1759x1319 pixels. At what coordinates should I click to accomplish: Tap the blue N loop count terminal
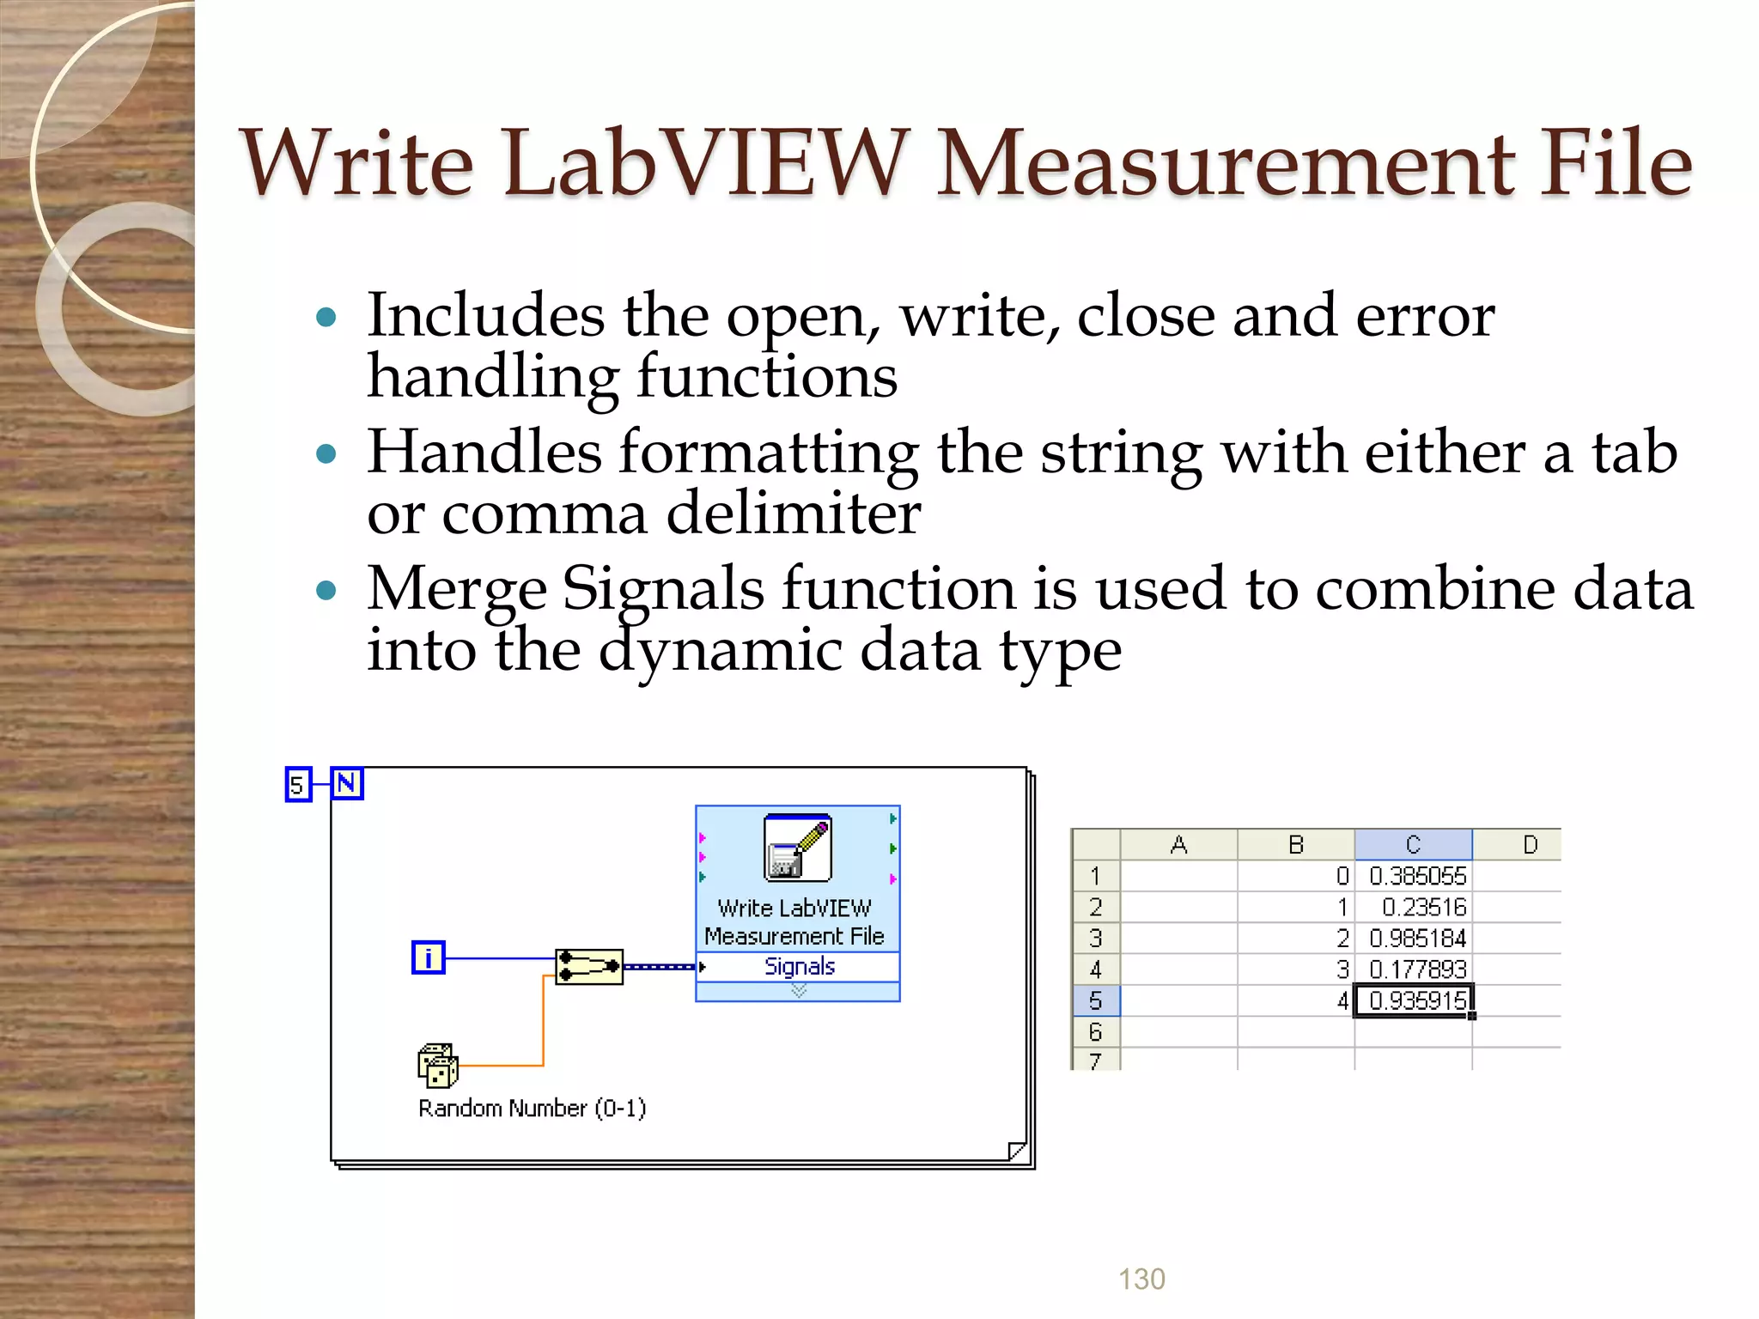[347, 784]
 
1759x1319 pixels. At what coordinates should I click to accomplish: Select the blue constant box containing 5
[297, 785]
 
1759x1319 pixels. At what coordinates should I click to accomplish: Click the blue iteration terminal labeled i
[428, 957]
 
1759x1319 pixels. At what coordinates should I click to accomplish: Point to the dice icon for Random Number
[437, 1066]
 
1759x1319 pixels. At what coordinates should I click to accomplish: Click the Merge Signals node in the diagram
[589, 967]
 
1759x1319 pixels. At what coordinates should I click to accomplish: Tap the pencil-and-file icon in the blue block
[797, 848]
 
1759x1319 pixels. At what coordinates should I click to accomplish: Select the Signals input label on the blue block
[799, 967]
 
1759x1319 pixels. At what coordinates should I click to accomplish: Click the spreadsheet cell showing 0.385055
[1416, 876]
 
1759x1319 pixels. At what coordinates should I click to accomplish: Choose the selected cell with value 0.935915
[1416, 1000]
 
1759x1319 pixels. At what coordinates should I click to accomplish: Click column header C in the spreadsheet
[1413, 845]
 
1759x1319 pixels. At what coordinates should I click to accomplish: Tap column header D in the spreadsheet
[1530, 845]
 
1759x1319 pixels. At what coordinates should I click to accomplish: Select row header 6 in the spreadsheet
[1095, 1031]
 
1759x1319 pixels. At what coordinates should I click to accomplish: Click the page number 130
[1141, 1279]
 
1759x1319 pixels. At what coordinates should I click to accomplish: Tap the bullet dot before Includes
[326, 318]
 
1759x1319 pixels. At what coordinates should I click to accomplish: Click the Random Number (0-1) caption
[532, 1108]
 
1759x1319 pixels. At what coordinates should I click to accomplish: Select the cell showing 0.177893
[1416, 969]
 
